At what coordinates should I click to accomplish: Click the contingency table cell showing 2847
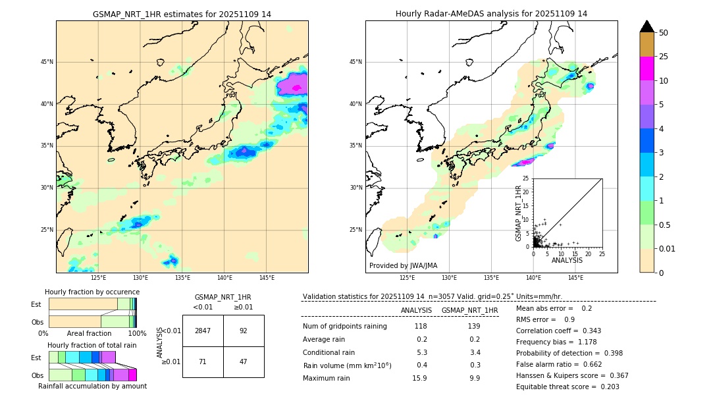(203, 331)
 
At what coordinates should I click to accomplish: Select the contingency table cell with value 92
(244, 331)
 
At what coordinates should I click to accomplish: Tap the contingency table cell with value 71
(203, 362)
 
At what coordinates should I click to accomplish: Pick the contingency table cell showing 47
(244, 362)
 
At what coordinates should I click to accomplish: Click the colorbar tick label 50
(664, 33)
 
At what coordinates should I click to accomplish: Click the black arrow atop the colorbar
(647, 26)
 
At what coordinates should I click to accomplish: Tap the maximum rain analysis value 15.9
(420, 378)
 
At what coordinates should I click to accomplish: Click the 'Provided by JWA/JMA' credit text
(403, 265)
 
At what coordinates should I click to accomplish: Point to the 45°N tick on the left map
(47, 62)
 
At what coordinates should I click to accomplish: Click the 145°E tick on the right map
(575, 278)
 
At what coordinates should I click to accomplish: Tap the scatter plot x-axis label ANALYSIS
(567, 260)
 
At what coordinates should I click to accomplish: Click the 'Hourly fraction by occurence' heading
(92, 292)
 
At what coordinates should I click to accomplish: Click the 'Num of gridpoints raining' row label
(345, 327)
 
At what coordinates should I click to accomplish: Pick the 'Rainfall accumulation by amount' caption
(92, 386)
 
